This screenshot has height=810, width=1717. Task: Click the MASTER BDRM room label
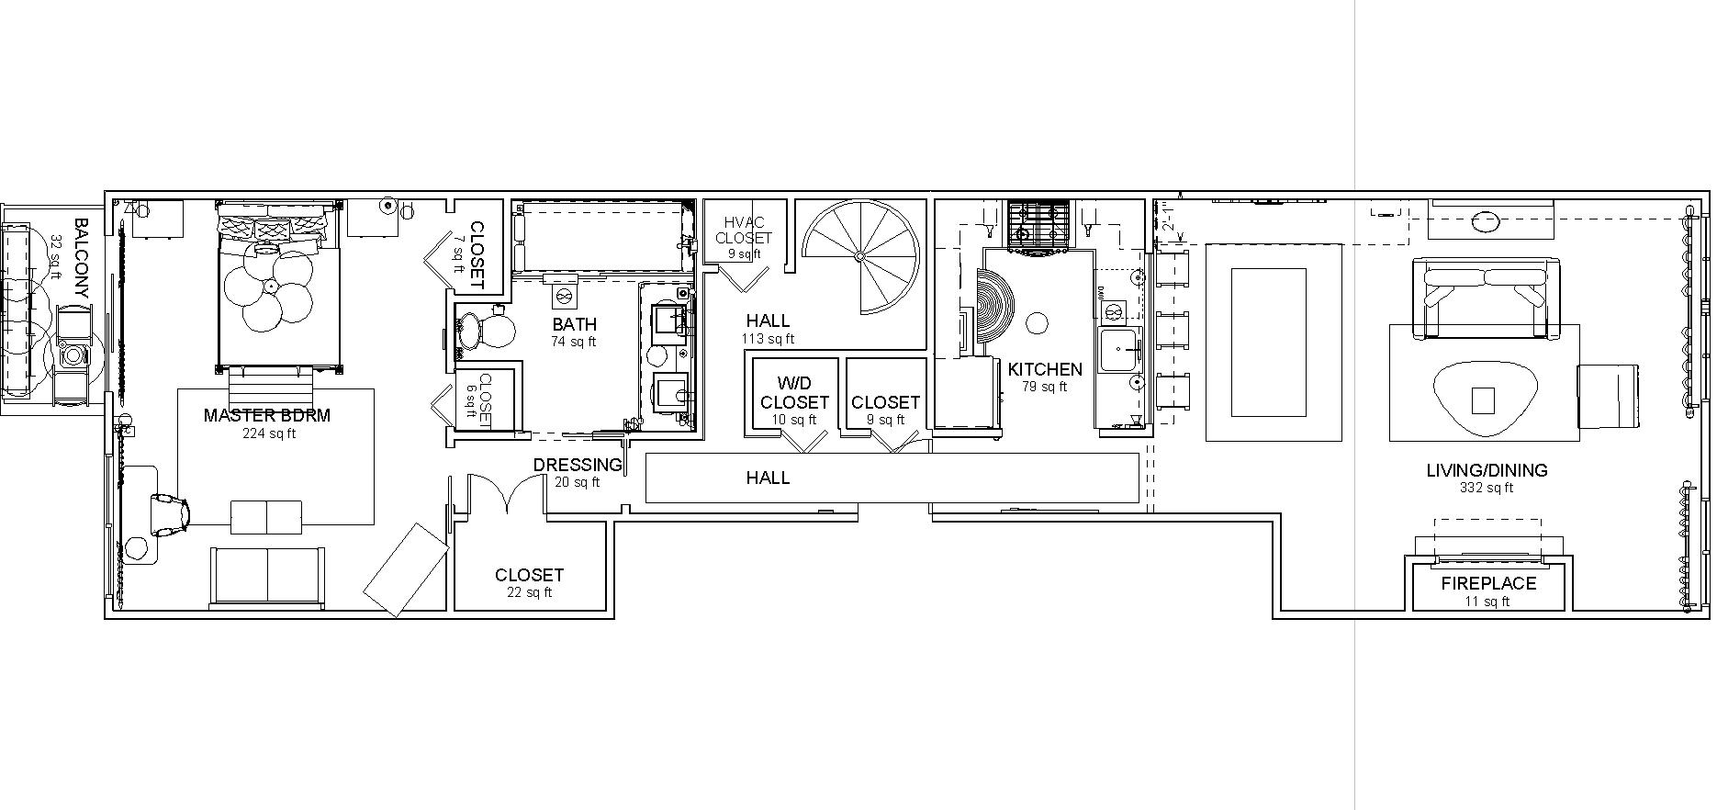(266, 415)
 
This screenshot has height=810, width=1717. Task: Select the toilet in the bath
(483, 330)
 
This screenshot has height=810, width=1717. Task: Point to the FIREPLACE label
(1487, 583)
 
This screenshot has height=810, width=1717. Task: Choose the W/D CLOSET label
(794, 393)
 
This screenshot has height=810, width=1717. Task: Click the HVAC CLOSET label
(744, 230)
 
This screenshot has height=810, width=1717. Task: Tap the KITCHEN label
(1045, 369)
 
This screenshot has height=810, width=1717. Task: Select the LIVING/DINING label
(1487, 470)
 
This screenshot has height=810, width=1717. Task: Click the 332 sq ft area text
(1487, 489)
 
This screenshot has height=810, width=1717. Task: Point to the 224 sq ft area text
(269, 433)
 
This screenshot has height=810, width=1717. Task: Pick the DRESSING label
(578, 466)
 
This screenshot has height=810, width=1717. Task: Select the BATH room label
(574, 324)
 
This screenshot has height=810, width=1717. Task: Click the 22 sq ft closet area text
(529, 592)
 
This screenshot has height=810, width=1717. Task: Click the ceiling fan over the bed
(271, 287)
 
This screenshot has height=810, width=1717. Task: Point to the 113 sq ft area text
(768, 339)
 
